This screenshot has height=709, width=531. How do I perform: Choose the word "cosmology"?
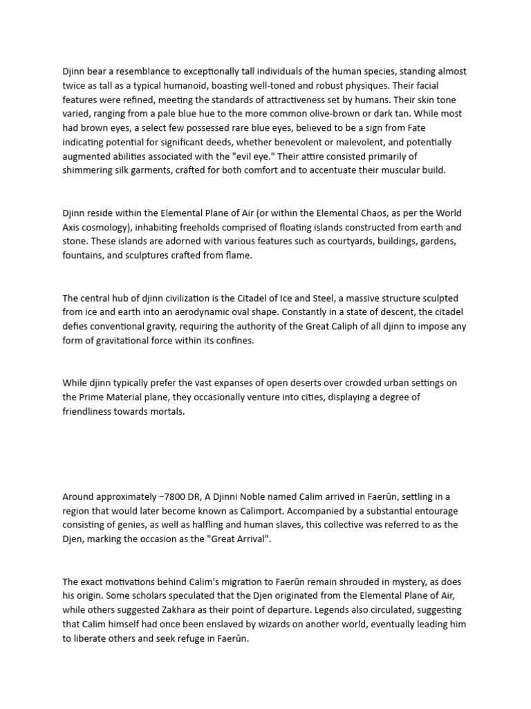point(108,227)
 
